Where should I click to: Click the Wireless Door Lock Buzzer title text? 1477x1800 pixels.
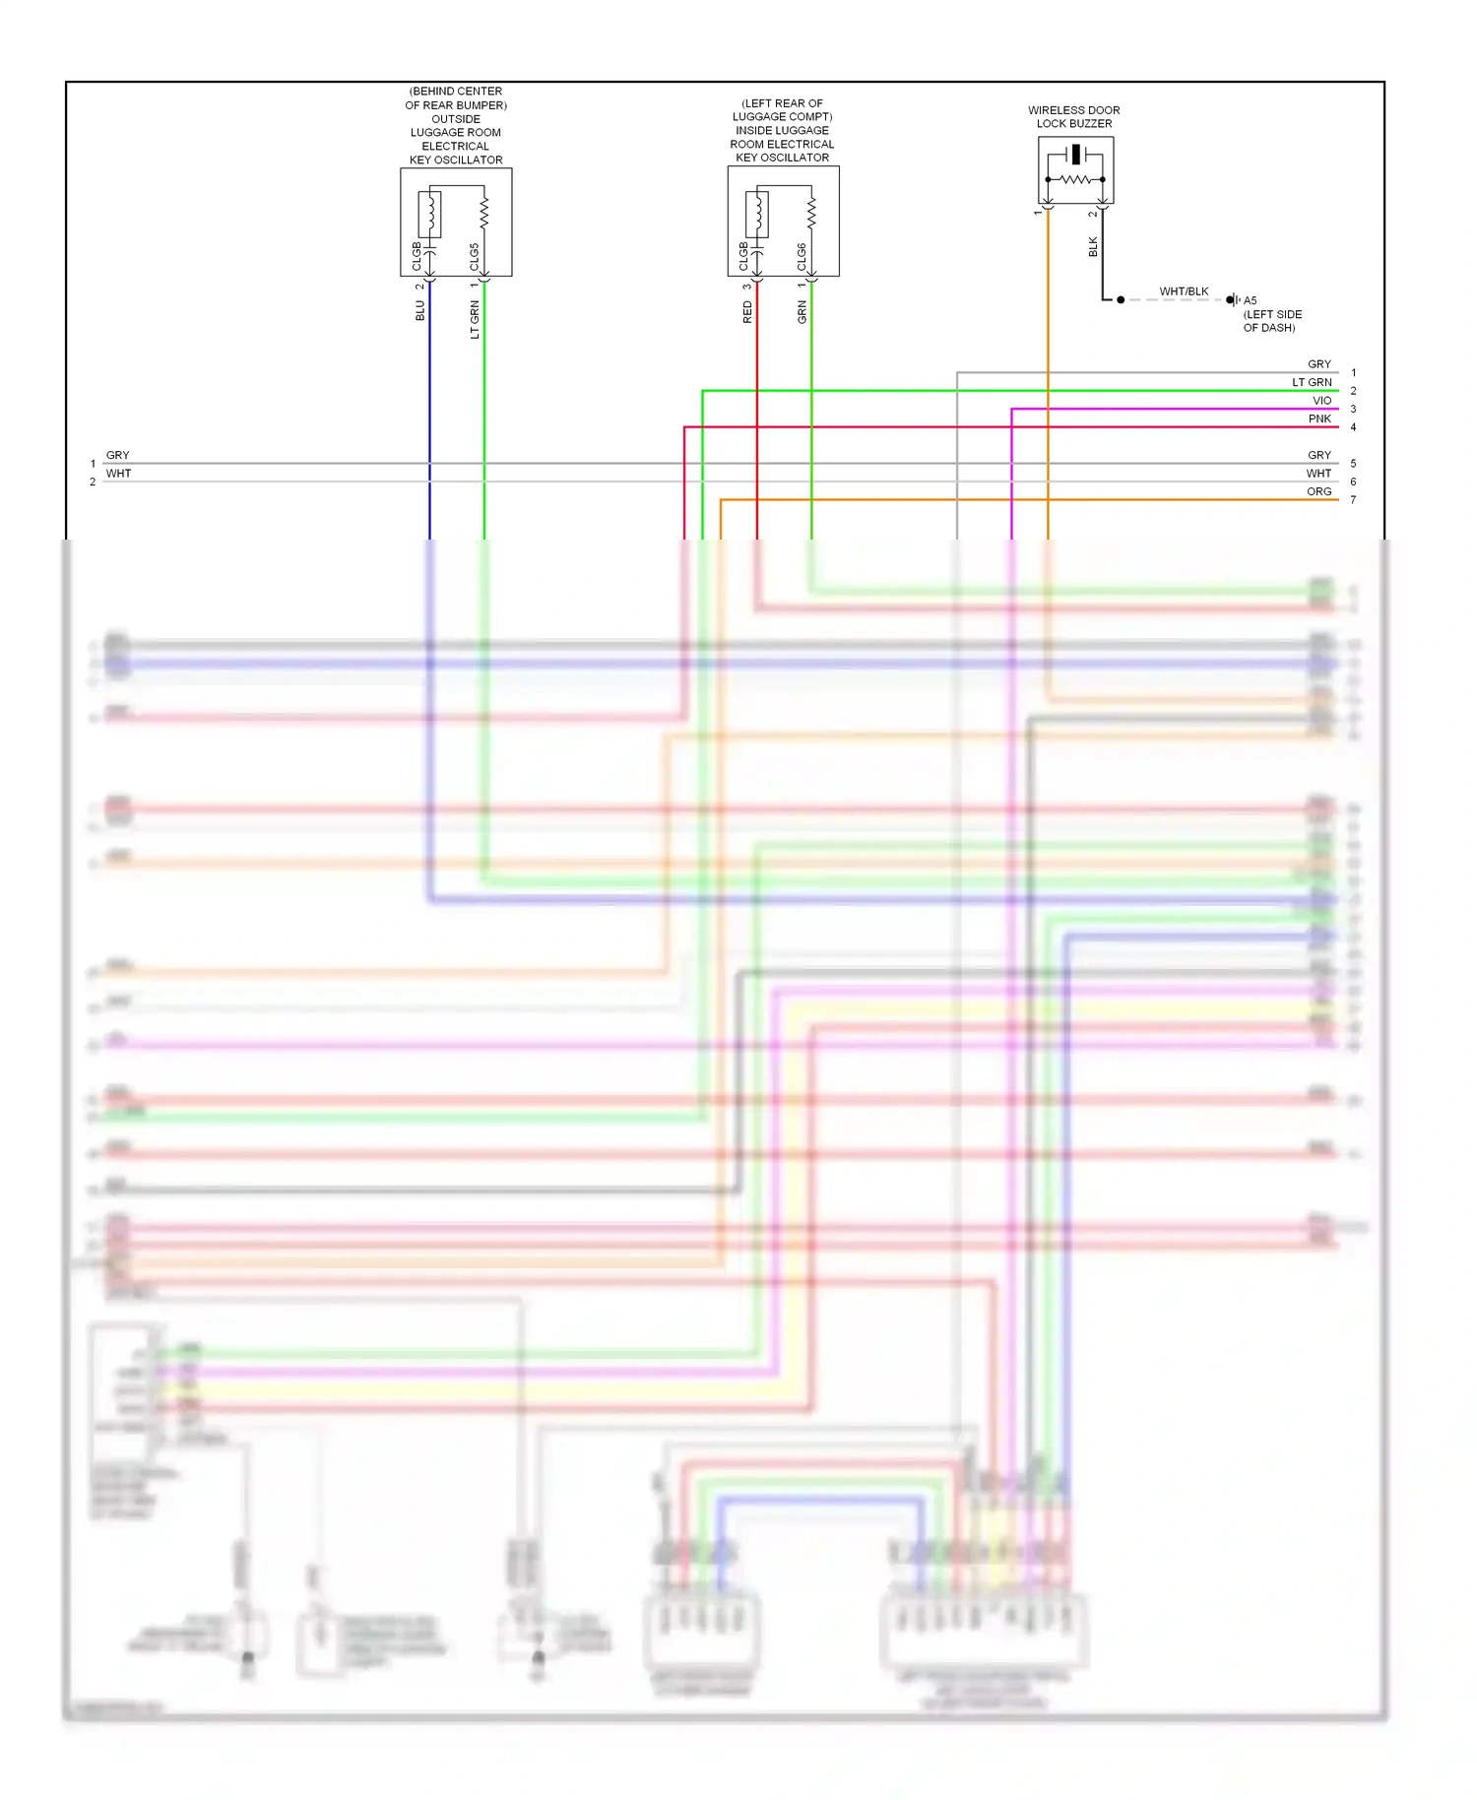(x=1073, y=116)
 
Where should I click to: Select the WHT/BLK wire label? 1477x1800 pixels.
(x=1184, y=291)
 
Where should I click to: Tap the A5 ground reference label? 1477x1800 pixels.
(x=1250, y=300)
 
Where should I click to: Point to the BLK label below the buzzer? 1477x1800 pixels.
(x=1093, y=247)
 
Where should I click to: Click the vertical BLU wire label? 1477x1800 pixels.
(x=420, y=311)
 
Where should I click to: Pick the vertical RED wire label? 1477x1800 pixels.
(x=747, y=312)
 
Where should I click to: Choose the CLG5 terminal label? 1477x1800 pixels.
(x=475, y=257)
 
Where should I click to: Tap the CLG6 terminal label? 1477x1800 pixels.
(x=802, y=257)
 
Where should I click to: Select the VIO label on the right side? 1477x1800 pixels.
(x=1321, y=401)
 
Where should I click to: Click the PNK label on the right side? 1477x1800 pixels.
(x=1319, y=418)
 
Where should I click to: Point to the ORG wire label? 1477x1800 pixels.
(x=1318, y=491)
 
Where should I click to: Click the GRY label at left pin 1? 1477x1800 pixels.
(x=118, y=455)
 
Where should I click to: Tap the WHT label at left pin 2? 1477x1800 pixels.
(x=118, y=474)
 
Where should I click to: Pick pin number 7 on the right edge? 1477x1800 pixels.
(x=1353, y=500)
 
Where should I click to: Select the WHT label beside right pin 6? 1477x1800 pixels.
(x=1318, y=474)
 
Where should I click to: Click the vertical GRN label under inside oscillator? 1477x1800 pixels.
(x=802, y=312)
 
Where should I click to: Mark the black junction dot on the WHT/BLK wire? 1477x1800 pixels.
(x=1121, y=299)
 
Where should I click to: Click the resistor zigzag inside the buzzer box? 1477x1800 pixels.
(x=1075, y=179)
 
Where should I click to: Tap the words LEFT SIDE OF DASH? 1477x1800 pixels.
(x=1272, y=321)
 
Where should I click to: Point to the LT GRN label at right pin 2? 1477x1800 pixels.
(x=1312, y=382)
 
